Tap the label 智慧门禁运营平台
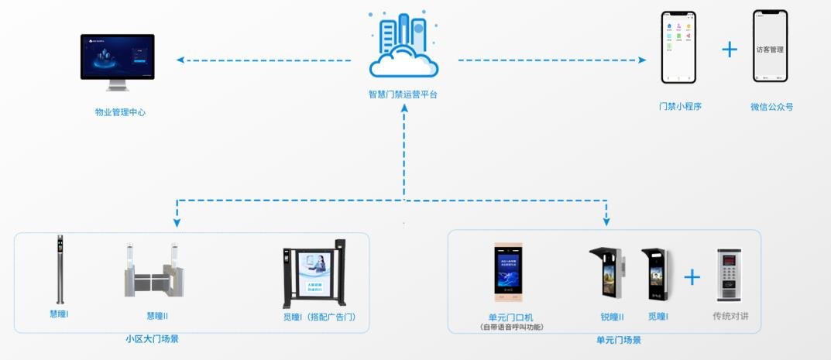pyautogui.click(x=402, y=95)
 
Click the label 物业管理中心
pyautogui.click(x=120, y=112)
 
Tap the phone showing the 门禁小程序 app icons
pyautogui.click(x=678, y=47)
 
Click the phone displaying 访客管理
pyautogui.click(x=770, y=46)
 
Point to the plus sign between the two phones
pyautogui.click(x=730, y=50)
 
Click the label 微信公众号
pyautogui.click(x=771, y=107)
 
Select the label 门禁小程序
pyautogui.click(x=680, y=107)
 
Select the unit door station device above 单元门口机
pyautogui.click(x=509, y=273)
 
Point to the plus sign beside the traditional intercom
pyautogui.click(x=692, y=276)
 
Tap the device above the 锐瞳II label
pyautogui.click(x=608, y=273)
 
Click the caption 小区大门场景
pyautogui.click(x=152, y=339)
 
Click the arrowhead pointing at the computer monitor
pyautogui.click(x=180, y=60)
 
